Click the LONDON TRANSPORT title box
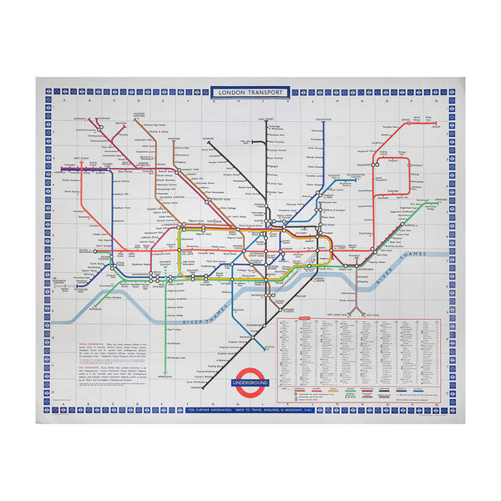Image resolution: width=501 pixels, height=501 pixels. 250,92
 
